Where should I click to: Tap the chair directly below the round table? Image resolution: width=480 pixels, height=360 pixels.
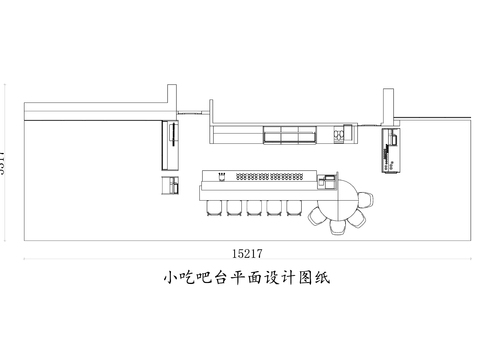tap(339, 227)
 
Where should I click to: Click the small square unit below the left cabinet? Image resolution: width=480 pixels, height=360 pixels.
tap(172, 184)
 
